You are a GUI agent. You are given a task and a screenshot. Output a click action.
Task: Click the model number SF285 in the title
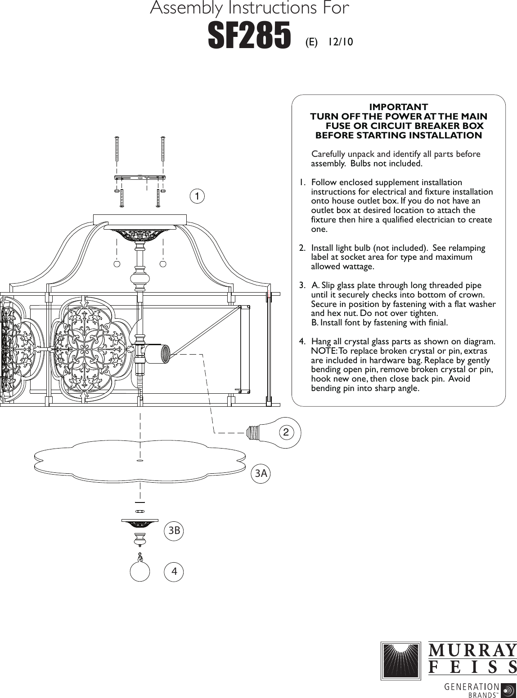249,36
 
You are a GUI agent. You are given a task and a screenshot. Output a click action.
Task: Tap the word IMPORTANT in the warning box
398,107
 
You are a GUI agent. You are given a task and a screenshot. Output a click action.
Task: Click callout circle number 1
197,196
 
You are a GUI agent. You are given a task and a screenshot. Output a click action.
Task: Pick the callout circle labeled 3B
174,531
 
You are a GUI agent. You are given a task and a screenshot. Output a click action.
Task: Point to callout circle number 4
174,572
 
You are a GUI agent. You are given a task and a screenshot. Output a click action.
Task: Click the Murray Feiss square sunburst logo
400,660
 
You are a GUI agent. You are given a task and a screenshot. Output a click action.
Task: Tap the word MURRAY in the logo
472,650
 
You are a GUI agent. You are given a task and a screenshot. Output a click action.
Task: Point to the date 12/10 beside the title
340,42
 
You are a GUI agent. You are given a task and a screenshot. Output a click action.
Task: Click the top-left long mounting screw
117,149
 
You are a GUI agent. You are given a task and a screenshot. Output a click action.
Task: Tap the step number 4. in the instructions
302,342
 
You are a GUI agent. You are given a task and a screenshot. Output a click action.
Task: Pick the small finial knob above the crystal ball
140,538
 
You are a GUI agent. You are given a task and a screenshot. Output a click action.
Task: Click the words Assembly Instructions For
249,8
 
